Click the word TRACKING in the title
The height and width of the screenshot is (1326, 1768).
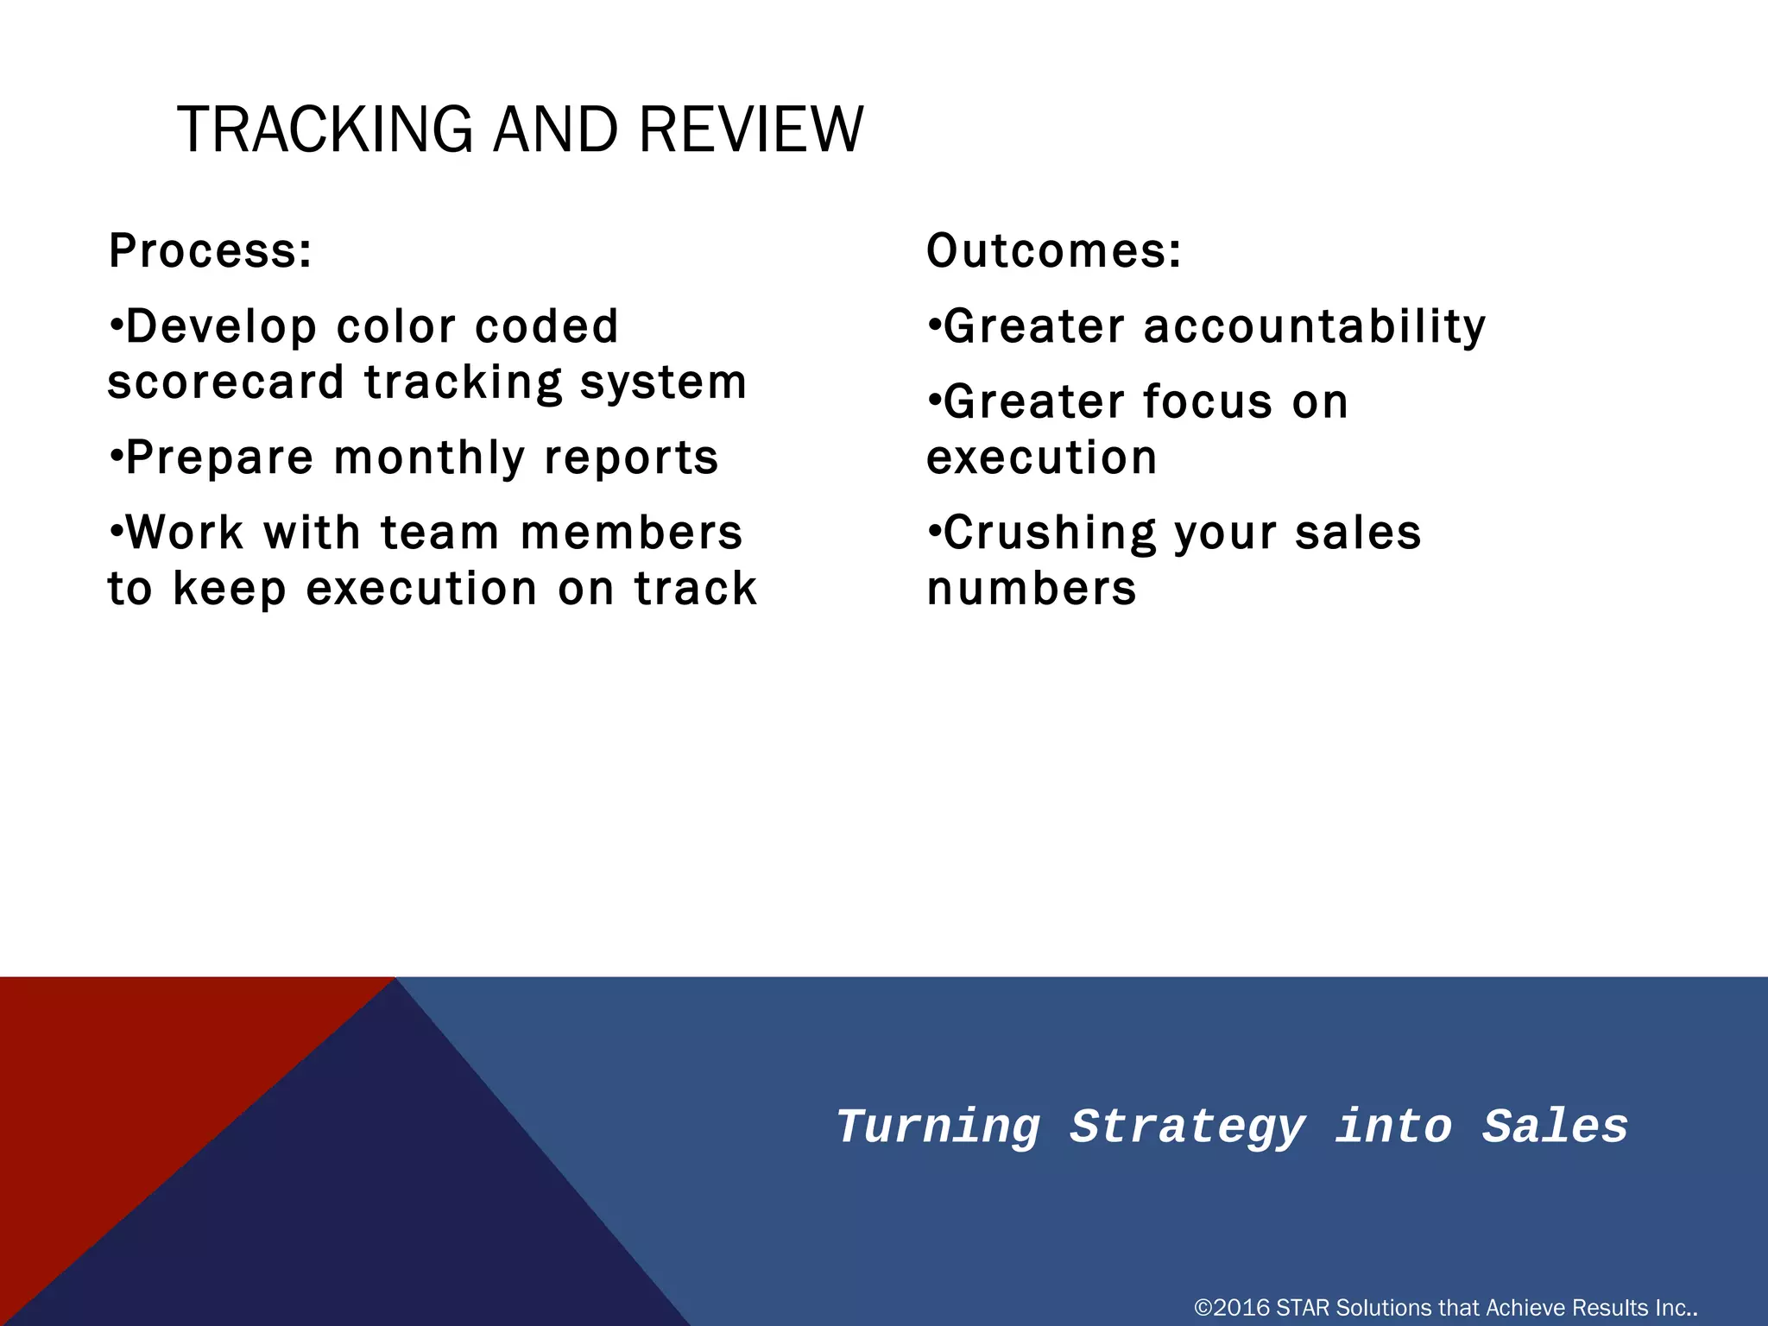click(325, 130)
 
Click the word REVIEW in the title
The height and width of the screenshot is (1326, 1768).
click(751, 130)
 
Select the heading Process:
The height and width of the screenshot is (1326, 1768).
click(210, 251)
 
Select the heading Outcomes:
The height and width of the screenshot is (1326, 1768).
click(1053, 251)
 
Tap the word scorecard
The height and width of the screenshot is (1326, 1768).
click(225, 382)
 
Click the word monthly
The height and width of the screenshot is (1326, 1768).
click(429, 458)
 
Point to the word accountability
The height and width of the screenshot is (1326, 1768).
click(1314, 327)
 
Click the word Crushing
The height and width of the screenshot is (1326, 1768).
click(1049, 534)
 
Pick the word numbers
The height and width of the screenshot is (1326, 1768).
click(1031, 589)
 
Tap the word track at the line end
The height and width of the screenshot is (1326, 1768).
click(696, 589)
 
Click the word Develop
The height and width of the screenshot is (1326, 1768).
click(221, 327)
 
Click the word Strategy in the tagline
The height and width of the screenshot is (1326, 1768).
click(1187, 1127)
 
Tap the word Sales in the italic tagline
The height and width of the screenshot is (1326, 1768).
click(1555, 1127)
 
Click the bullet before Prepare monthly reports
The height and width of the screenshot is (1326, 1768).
click(115, 457)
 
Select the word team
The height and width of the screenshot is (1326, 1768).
click(439, 534)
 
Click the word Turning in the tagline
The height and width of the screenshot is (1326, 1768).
click(938, 1127)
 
